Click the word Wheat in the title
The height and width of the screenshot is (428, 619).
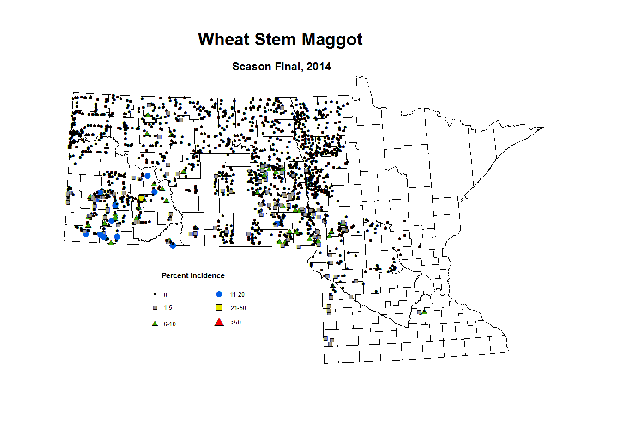(223, 40)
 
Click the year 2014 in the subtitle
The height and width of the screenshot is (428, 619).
(319, 67)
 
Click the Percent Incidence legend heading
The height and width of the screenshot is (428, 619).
(193, 276)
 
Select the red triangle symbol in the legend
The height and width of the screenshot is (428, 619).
(219, 322)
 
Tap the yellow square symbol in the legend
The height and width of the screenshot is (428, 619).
(219, 308)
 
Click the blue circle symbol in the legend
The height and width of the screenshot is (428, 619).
(219, 294)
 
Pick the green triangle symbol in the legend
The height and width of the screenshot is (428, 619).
(155, 324)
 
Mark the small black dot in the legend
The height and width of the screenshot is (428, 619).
(155, 294)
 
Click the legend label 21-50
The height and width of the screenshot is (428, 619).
(238, 308)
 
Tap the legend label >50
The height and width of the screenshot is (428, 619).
(235, 323)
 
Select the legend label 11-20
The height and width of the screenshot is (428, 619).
(237, 295)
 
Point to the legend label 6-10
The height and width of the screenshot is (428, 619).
(170, 324)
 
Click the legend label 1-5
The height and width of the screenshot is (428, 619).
(168, 308)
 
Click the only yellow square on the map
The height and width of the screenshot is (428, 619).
(141, 199)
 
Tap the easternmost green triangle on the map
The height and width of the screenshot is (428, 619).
(425, 312)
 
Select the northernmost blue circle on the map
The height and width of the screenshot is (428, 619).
(147, 176)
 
